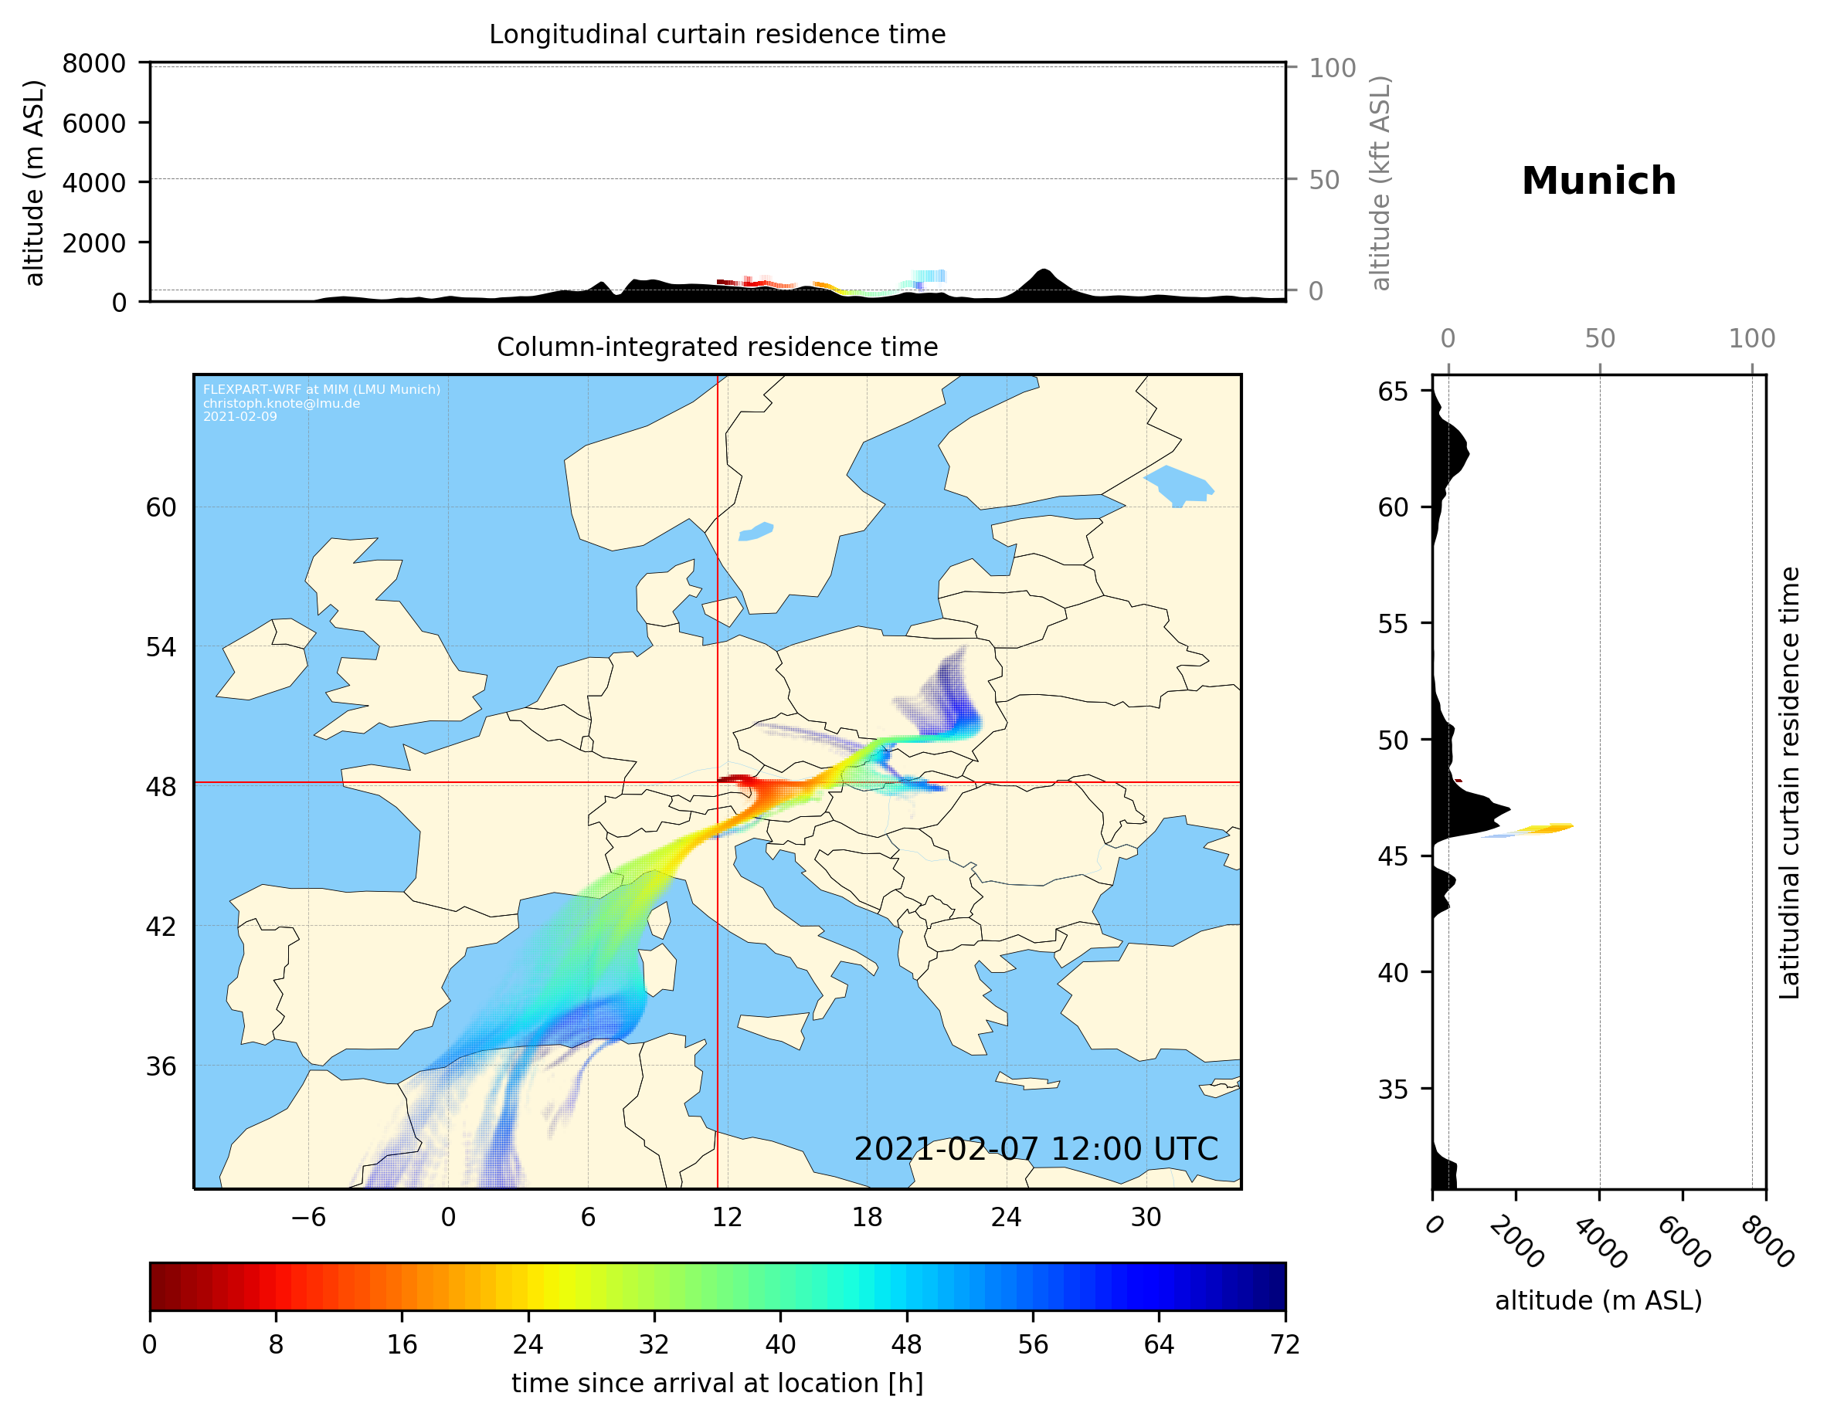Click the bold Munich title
[x=1598, y=181]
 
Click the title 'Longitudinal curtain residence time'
[x=717, y=34]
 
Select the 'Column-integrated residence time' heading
[x=717, y=347]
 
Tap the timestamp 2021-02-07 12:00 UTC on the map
[x=1035, y=1149]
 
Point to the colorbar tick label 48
[x=906, y=1345]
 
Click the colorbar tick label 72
[x=1284, y=1345]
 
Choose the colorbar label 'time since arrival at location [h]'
[x=717, y=1383]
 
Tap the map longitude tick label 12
[x=727, y=1217]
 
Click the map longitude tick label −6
[x=307, y=1217]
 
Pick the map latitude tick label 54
[x=161, y=647]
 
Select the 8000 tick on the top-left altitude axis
[x=93, y=63]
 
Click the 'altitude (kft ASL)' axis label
[x=1380, y=183]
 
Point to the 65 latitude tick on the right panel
[x=1393, y=391]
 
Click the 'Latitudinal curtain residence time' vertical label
[x=1788, y=782]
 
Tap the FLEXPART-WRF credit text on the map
[x=321, y=402]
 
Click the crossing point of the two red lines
[x=718, y=783]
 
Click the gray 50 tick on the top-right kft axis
[x=1324, y=180]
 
